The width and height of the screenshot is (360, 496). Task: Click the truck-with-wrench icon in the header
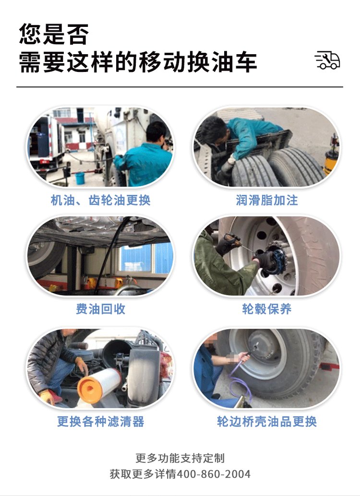pos(327,60)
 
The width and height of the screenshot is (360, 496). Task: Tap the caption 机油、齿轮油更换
pos(100,200)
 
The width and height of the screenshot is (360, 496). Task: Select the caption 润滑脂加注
pos(266,200)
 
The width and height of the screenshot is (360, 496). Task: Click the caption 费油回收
pos(100,309)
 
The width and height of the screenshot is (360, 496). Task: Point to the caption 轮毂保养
pos(266,309)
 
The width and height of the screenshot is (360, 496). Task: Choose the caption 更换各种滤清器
pos(100,421)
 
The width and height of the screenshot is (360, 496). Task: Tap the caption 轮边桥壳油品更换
pos(266,421)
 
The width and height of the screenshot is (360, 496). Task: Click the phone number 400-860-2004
pos(214,474)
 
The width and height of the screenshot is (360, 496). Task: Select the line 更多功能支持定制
pos(180,458)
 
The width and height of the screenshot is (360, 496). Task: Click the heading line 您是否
pos(53,34)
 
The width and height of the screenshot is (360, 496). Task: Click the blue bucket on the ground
pos(80,178)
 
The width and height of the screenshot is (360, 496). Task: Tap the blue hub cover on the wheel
pos(275,261)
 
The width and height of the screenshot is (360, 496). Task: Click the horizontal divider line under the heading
pos(180,86)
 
